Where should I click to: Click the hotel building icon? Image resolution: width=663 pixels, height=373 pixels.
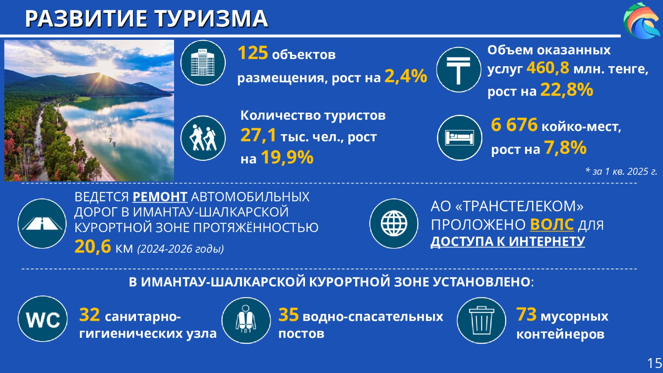203,63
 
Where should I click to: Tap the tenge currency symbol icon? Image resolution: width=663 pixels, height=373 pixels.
458,70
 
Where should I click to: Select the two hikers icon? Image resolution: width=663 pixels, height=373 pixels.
203,138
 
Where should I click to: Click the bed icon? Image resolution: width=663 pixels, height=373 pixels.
460,138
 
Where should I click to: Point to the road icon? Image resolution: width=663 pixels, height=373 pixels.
42,223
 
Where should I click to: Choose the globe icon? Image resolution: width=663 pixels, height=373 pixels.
394,223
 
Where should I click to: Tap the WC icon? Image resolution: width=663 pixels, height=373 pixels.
43,319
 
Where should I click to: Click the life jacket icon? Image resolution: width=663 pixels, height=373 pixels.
246,320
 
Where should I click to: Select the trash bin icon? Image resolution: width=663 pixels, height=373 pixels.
482,320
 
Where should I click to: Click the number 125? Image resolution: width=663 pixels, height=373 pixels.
253,53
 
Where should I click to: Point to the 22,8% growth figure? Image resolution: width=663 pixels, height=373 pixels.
567,90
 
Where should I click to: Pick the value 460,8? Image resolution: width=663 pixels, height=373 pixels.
547,68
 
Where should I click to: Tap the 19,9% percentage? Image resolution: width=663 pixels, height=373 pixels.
287,157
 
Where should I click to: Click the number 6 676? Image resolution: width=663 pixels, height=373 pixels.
514,125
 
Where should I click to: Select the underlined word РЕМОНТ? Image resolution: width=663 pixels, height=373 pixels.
160,197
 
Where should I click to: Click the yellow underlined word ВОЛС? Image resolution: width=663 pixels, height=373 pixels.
552,224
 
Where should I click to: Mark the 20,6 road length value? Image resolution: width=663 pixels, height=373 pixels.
93,246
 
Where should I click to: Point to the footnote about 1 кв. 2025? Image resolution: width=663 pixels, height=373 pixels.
621,172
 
